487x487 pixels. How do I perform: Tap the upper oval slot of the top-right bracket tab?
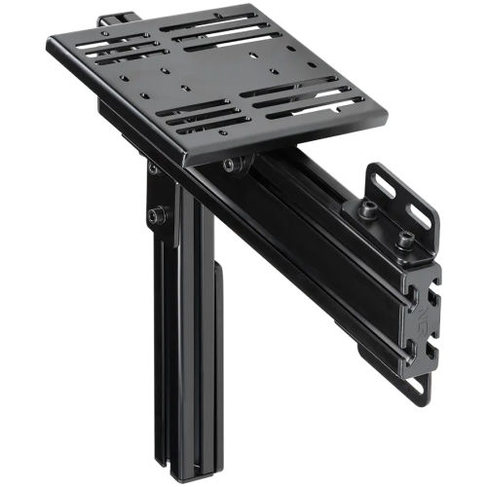click(x=383, y=181)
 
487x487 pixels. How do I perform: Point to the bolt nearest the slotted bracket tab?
click(x=369, y=208)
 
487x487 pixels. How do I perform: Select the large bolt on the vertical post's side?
click(x=157, y=213)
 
